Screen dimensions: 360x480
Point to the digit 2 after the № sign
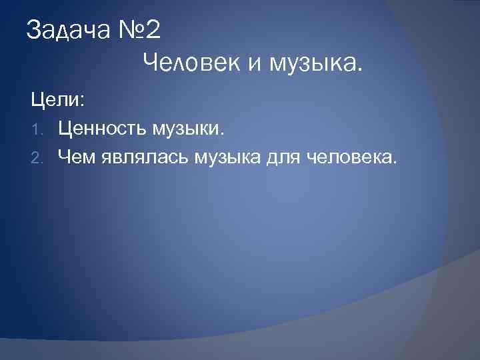click(152, 30)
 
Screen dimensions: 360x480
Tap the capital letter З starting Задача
click(33, 30)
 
